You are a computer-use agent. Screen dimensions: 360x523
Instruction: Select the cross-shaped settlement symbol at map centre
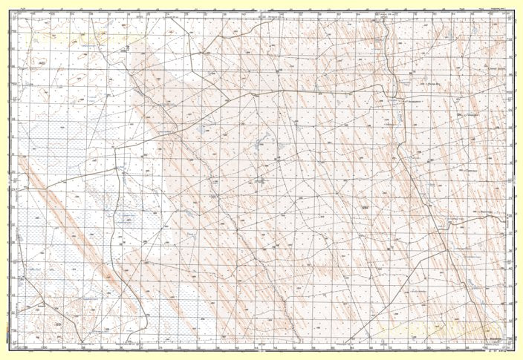tap(260, 180)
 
